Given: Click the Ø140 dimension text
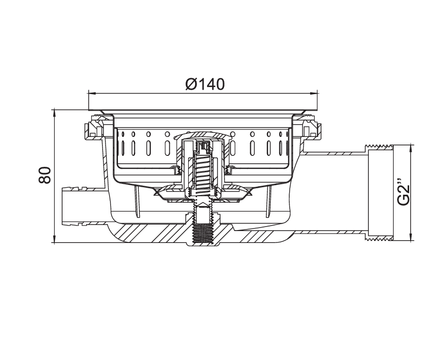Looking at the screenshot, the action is [205, 84].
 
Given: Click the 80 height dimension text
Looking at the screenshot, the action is [45, 175].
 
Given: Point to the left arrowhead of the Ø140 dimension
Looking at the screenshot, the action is [92, 93].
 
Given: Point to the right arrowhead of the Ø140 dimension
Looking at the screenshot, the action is [315, 93].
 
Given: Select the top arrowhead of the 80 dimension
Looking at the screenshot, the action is [54, 113].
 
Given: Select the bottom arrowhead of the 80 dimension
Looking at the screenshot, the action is [54, 240].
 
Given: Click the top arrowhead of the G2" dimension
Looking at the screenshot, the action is [410, 148].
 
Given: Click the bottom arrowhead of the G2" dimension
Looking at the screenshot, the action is [410, 237].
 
